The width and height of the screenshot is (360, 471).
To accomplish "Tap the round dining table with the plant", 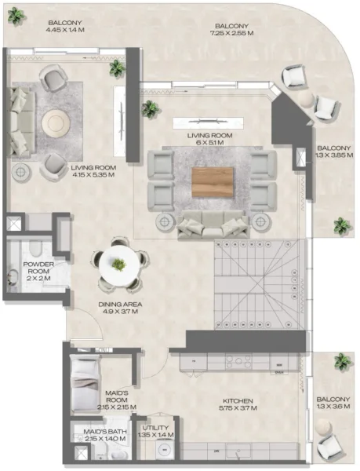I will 118,265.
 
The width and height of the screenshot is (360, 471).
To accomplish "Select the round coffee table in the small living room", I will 56,123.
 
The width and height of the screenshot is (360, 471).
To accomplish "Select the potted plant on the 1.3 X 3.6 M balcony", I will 342,362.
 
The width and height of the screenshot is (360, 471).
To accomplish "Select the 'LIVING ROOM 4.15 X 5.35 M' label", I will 93,171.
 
